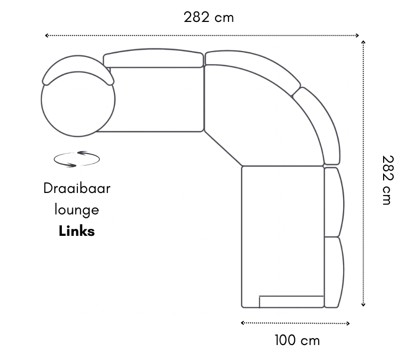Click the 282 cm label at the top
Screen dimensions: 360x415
pos(208,17)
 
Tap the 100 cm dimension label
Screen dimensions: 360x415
pos(297,341)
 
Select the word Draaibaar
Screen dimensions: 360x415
pos(77,189)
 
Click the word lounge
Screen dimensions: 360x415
pos(77,210)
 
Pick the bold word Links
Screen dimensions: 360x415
pos(77,231)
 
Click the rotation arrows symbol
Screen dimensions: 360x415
pos(77,159)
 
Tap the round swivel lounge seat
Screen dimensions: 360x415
pos(78,107)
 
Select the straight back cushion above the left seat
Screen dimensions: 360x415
pos(154,59)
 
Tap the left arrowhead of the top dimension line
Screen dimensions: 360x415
pos(46,35)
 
